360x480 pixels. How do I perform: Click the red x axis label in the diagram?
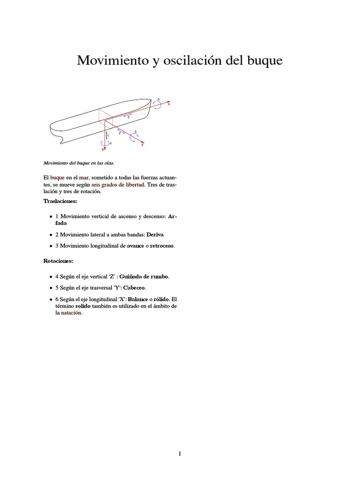coord(169,104)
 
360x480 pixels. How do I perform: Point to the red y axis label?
coord(142,145)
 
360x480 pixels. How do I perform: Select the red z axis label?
coord(103,149)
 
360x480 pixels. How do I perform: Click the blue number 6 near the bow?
coord(158,99)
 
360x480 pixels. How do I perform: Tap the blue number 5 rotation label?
coord(135,132)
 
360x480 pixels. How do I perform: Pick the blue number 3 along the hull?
coord(128,117)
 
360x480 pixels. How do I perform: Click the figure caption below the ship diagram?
coord(78,163)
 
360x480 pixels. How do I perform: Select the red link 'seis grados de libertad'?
coord(118,185)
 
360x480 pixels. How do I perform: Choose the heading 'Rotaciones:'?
coord(58,260)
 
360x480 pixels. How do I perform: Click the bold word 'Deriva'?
coord(155,234)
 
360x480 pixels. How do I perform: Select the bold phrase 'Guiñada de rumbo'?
coord(144,277)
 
